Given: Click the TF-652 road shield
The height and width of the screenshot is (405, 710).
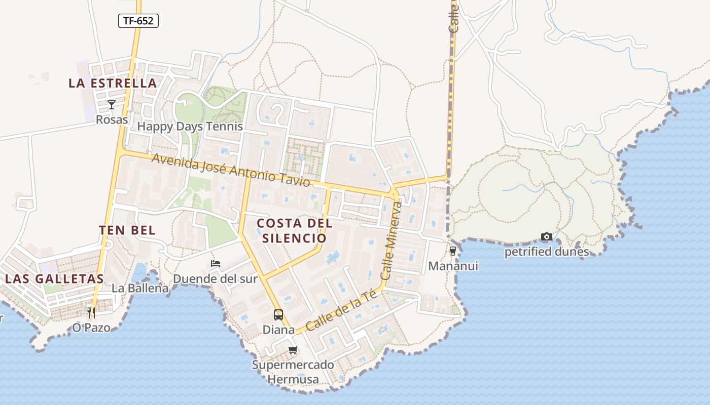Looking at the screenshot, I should tap(138, 21).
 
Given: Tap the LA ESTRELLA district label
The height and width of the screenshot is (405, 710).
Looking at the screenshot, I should tap(113, 84).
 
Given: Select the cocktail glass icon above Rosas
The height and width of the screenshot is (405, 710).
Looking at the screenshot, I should tap(112, 105).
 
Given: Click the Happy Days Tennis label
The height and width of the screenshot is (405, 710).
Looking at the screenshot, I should tap(190, 126).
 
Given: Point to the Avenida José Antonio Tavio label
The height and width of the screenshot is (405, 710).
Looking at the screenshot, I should tap(231, 171).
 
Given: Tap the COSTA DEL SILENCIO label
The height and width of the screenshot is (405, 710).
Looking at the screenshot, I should tap(295, 230).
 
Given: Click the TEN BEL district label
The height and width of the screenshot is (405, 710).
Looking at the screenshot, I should tap(127, 230).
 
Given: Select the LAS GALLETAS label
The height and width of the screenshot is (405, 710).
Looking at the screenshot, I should tap(54, 278).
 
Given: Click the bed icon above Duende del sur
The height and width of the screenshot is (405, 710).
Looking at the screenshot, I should tap(216, 264).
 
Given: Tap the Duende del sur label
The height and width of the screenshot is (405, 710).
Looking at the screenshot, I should tap(216, 278).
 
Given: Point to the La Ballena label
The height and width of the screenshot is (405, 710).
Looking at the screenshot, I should tap(140, 289).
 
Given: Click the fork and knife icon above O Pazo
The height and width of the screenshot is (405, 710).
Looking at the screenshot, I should tap(91, 312).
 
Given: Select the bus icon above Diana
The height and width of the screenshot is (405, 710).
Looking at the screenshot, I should tap(278, 315).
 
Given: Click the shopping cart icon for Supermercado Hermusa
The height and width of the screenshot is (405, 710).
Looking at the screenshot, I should tap(293, 350).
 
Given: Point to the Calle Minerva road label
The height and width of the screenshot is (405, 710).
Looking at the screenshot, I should tap(390, 240).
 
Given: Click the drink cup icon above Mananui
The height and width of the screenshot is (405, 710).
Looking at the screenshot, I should tap(453, 251).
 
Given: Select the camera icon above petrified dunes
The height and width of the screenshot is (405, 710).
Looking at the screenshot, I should tap(546, 236).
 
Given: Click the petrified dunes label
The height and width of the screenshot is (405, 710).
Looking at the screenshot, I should tap(547, 252).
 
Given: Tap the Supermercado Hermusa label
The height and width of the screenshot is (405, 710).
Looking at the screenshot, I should tap(293, 372).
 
